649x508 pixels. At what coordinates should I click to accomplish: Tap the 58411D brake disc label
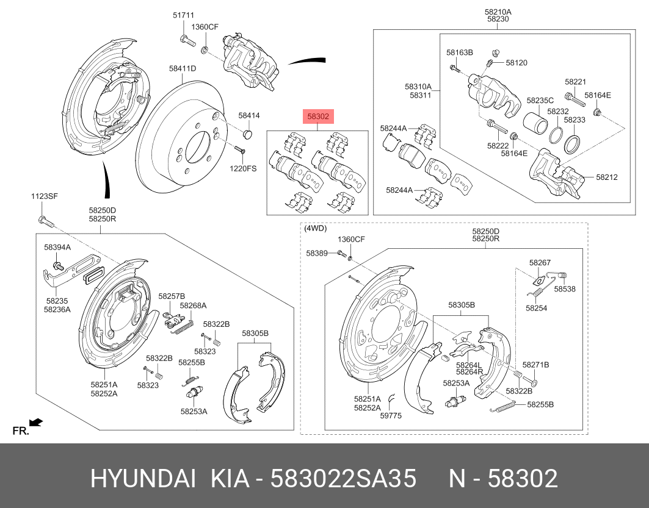coord(183,69)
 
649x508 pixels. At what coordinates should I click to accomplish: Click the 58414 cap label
coord(248,115)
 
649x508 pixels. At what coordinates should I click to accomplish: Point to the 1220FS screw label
coord(243,168)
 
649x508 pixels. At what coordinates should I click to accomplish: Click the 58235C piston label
coord(540,100)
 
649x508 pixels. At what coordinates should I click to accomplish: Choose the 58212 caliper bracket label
coord(607,177)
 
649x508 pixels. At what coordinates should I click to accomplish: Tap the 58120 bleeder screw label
coord(517,63)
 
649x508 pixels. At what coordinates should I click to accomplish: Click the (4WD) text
coord(315,229)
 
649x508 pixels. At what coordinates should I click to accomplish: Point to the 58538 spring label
coord(565,290)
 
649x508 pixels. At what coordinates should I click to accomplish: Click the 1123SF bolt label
coord(45,196)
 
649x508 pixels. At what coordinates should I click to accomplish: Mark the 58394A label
coord(57,248)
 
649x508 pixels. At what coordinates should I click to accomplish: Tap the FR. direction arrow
coord(35,421)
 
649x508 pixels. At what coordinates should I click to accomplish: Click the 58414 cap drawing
coord(248,133)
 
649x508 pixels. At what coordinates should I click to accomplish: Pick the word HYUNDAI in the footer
coord(143,479)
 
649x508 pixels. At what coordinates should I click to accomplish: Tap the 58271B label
coord(535,365)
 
